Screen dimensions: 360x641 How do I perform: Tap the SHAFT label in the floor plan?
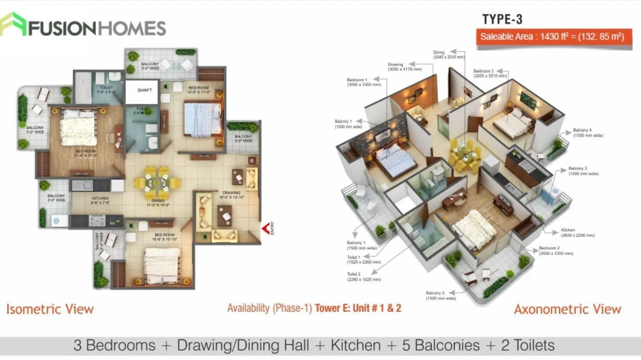(144, 90)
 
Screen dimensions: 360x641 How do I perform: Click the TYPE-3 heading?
(502, 19)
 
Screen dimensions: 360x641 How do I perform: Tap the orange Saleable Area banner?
(554, 37)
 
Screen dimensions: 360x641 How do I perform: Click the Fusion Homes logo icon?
(13, 24)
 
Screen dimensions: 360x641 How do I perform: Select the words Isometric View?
(50, 309)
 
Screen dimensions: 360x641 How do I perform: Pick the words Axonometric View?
(567, 309)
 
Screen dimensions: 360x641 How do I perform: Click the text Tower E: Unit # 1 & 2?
(358, 308)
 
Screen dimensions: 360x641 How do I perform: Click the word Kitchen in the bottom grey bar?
(355, 345)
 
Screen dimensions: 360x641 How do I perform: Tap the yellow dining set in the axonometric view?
(465, 155)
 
